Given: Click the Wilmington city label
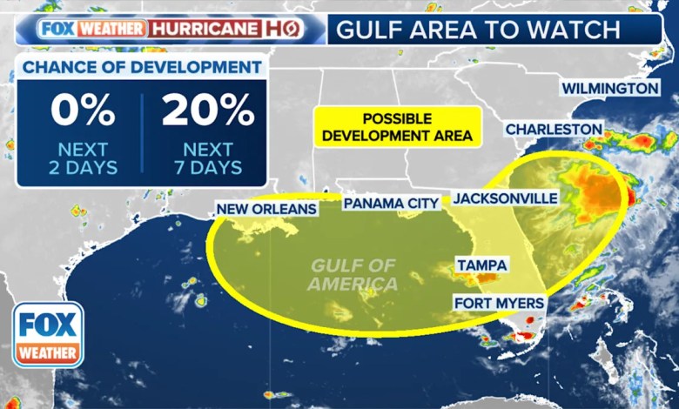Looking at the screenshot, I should pos(609,89).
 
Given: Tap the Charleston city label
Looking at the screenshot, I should pos(554,129).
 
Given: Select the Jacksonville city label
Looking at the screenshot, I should pos(506,198).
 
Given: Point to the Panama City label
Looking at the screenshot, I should pos(391,203).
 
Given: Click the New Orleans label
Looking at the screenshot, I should pos(266,209).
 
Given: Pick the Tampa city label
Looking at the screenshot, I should pos(481,265).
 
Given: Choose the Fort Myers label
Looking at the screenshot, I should pos(499,303).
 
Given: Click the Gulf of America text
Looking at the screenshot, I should pos(354,274).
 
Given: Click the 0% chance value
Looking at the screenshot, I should pos(83,111).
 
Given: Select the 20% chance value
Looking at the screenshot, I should pos(207,111).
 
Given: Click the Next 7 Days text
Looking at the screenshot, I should pos(207,158).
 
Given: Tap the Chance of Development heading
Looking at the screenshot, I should pos(141,67).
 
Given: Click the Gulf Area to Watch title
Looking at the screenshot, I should pos(478,30).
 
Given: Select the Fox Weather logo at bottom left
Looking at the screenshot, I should pos(48,335).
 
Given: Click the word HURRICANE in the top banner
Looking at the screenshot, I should pos(205,29).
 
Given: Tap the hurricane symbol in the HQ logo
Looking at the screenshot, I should pos(291,29).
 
